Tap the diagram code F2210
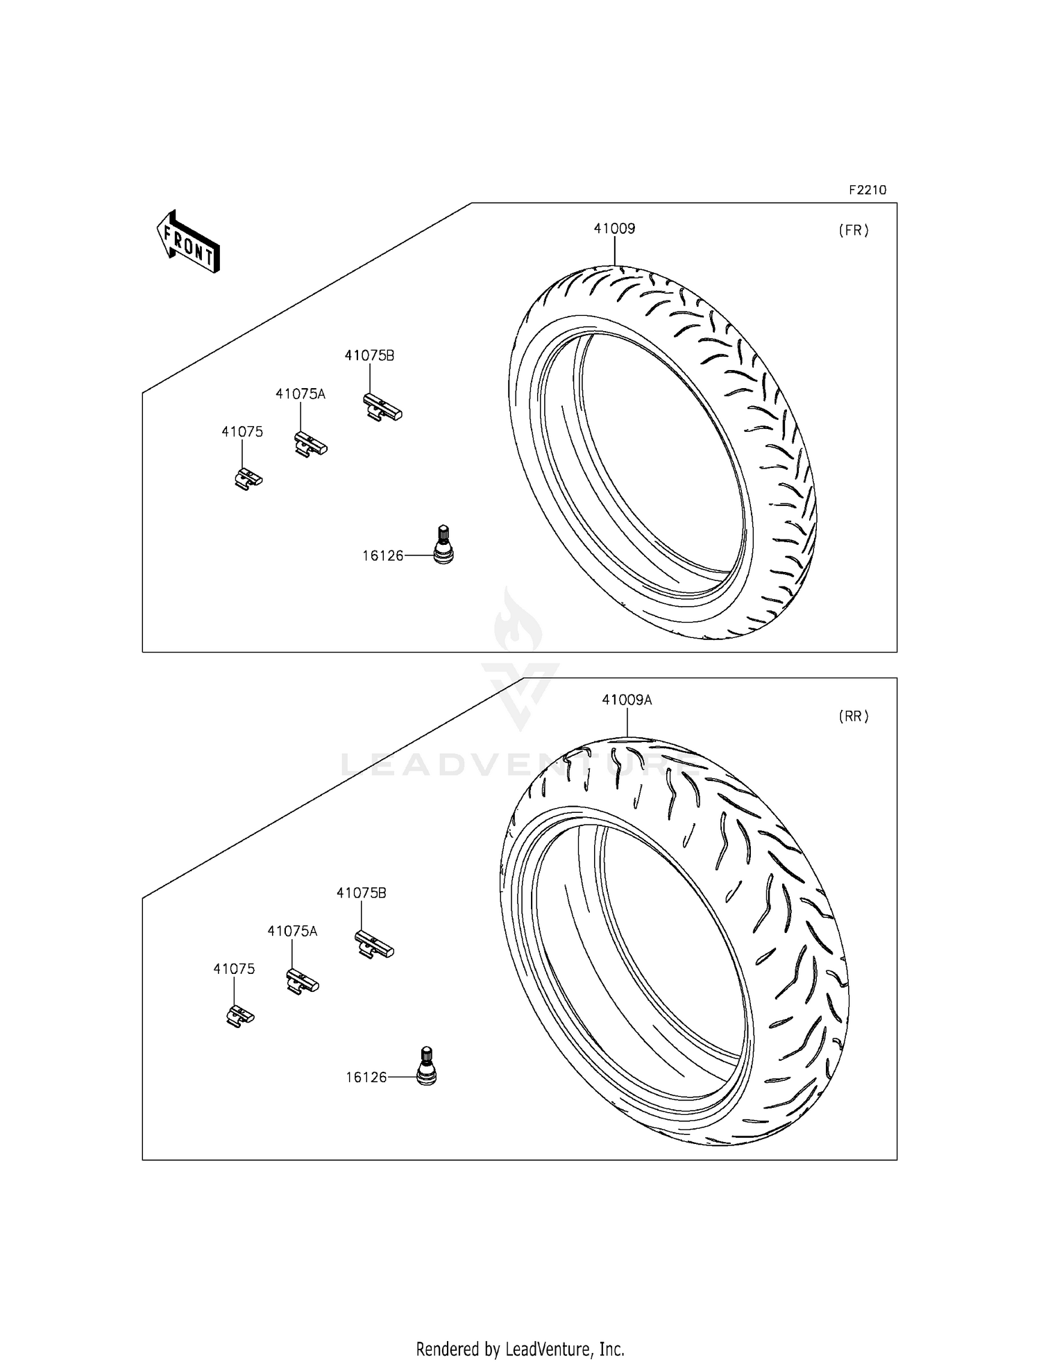[867, 190]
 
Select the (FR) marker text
[853, 231]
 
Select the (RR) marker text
[853, 716]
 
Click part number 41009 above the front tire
[614, 228]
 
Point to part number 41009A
[627, 700]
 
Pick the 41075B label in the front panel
[369, 355]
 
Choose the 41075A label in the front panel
[300, 394]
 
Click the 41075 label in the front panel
[242, 432]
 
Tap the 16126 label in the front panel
[383, 555]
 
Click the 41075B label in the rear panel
[361, 893]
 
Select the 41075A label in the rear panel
[292, 932]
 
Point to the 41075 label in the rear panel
[234, 969]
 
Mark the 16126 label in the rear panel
[366, 1077]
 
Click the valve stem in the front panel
[443, 545]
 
